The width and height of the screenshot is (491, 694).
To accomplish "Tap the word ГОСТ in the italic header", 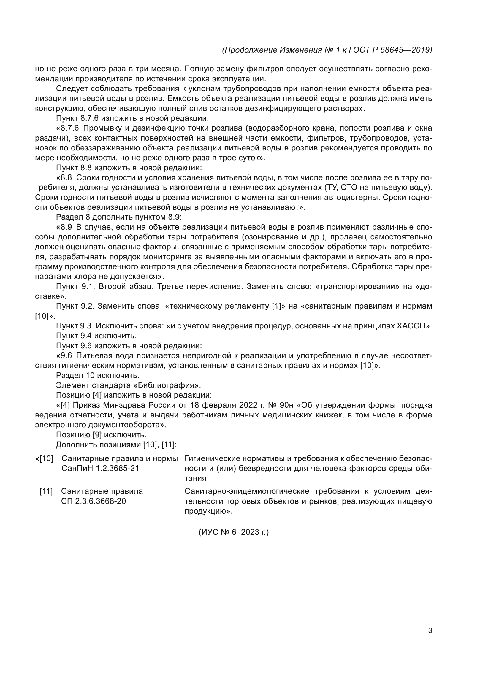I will pyautogui.click(x=359, y=50).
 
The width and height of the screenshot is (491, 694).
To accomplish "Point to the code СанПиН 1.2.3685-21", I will pyautogui.click(x=100, y=468).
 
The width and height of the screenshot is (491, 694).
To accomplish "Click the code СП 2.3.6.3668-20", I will pyautogui.click(x=94, y=501).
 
